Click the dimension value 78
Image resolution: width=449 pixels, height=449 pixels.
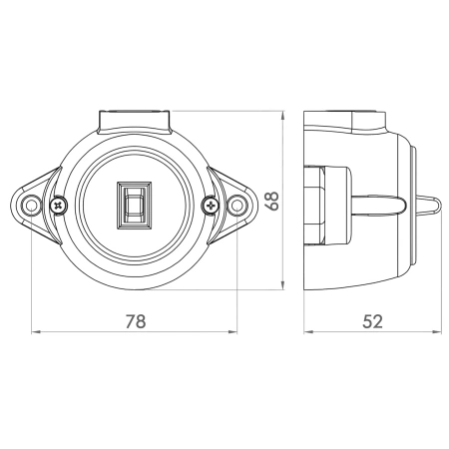click(136, 321)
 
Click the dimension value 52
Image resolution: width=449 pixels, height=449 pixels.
click(372, 321)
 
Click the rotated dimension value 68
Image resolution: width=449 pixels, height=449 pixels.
click(272, 201)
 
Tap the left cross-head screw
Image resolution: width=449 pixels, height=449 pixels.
click(59, 206)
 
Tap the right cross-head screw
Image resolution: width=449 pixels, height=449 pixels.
click(211, 206)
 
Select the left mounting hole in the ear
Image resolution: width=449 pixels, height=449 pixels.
click(31, 206)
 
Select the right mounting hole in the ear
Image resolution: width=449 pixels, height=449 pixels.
click(236, 206)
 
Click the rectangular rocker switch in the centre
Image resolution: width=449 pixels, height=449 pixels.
click(134, 206)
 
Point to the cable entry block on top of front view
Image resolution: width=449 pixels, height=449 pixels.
click(134, 122)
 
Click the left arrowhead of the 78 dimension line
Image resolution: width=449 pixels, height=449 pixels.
click(35, 332)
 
